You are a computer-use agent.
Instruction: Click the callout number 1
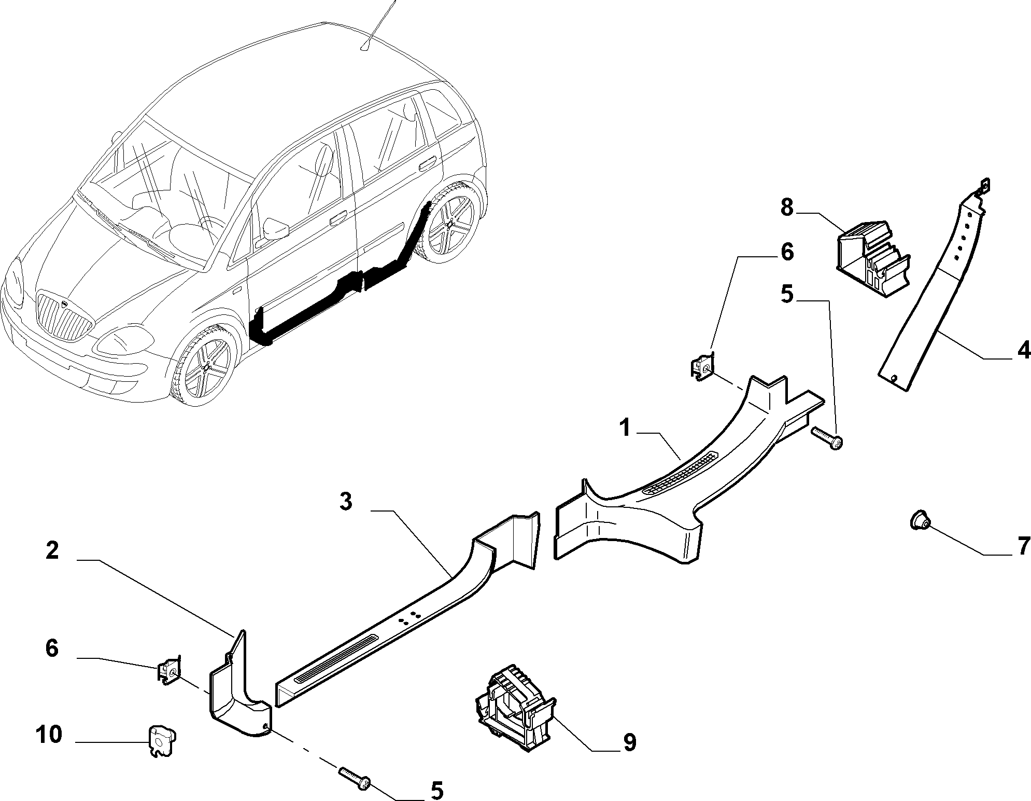coord(625,429)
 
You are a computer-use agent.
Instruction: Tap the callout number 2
coord(52,550)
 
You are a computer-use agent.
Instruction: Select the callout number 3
coord(346,502)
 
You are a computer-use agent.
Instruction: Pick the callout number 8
coord(787,208)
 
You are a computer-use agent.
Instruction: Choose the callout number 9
coord(629,742)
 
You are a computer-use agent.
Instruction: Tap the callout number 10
coord(50,735)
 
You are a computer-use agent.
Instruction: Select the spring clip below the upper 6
coord(702,366)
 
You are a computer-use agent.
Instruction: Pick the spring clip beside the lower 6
coord(169,670)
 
